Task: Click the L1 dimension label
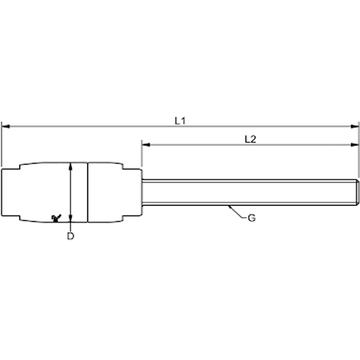coord(180,121)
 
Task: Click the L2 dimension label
coord(251,139)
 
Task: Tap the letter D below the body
coord(71,236)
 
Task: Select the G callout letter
coord(252,218)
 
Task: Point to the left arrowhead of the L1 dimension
coord(5,126)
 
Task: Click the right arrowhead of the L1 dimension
coord(355,126)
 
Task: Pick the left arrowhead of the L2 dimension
coord(146,144)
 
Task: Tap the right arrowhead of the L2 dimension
coord(355,144)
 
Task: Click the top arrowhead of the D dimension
coord(71,166)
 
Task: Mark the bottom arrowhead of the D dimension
coord(71,218)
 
